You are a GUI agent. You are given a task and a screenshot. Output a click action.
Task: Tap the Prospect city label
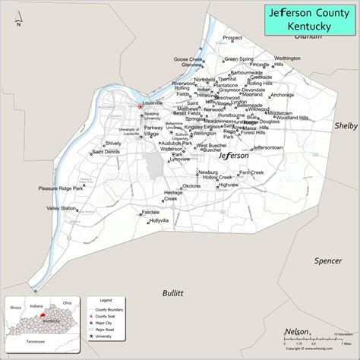232,36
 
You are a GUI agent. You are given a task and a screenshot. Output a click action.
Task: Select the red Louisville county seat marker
141,106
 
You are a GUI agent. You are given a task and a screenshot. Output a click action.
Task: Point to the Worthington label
287,58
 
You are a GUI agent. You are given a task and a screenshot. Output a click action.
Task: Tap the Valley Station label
62,208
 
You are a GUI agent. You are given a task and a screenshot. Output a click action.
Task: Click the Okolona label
191,186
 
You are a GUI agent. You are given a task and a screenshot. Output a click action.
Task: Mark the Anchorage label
282,95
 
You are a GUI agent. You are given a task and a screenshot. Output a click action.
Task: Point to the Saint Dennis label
106,152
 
